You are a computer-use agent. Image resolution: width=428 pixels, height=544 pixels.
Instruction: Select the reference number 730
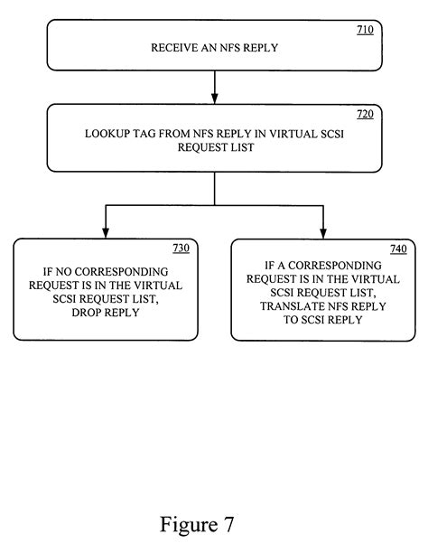click(x=180, y=248)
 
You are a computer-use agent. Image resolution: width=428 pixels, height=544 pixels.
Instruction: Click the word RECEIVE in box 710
click(x=170, y=48)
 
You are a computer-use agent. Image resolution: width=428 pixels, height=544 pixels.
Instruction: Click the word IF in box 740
click(x=257, y=268)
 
